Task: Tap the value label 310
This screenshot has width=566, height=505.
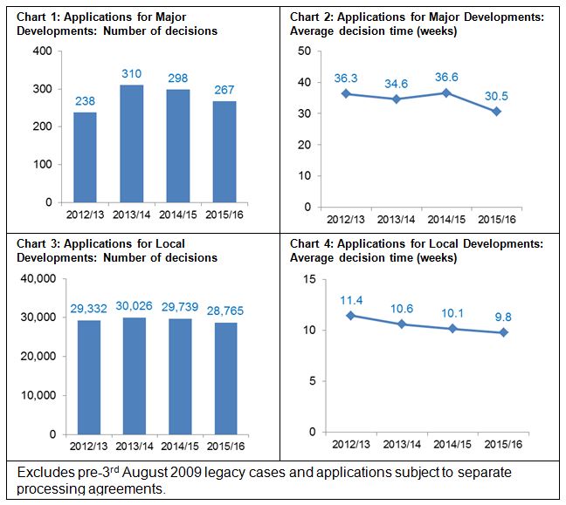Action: point(131,73)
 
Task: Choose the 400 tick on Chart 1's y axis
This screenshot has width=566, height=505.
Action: point(41,51)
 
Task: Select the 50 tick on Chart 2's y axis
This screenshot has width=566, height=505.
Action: point(306,51)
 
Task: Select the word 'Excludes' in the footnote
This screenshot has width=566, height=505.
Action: point(44,472)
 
